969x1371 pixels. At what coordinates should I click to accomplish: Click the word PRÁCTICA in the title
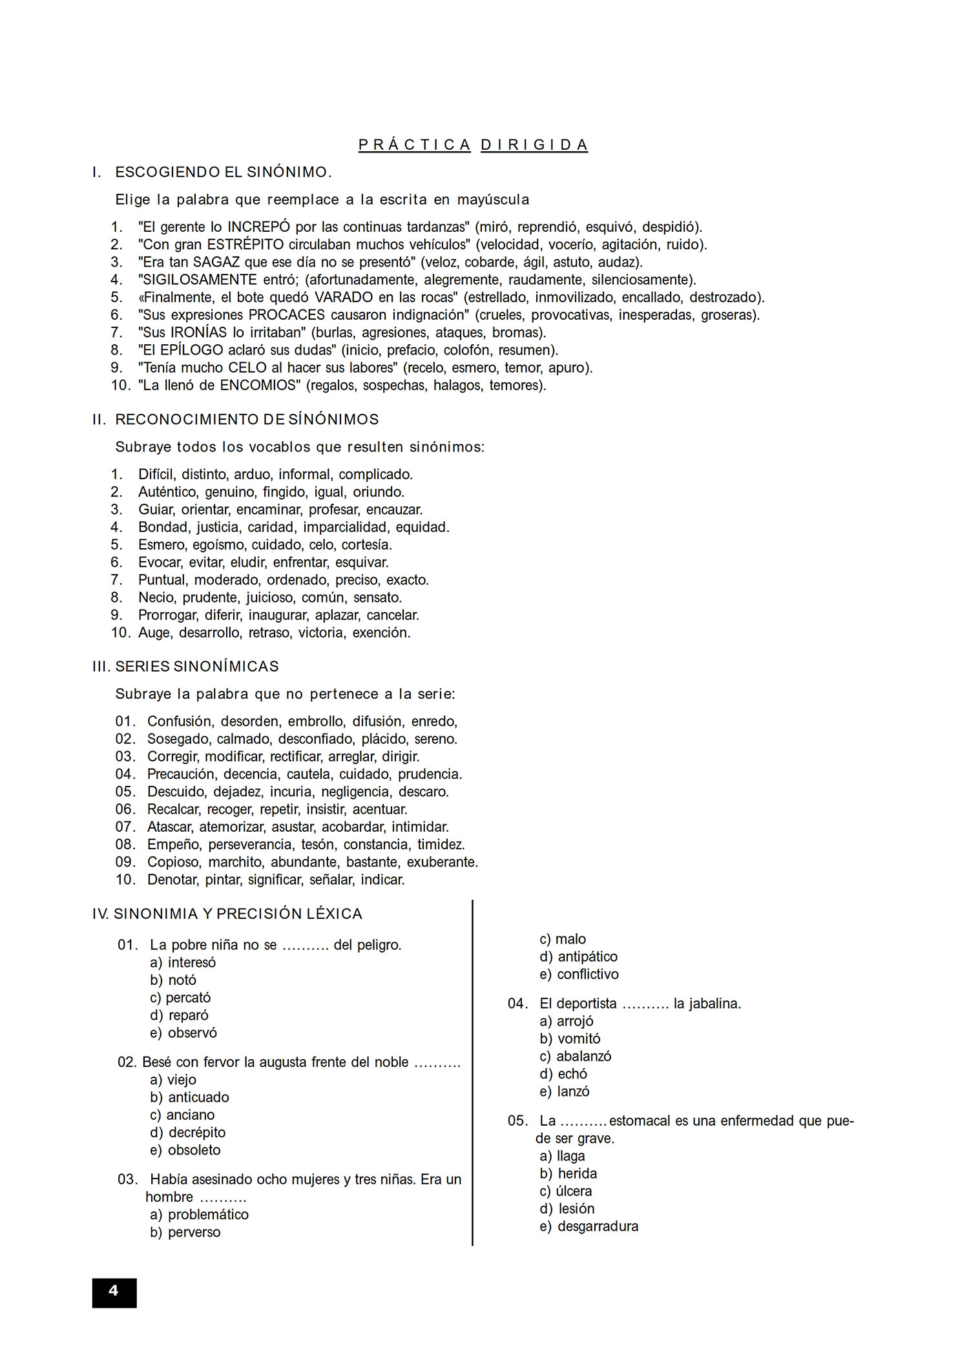pos(415,145)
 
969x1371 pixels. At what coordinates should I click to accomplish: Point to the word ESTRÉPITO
pos(245,245)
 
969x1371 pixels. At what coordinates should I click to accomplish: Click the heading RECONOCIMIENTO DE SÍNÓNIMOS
pos(247,420)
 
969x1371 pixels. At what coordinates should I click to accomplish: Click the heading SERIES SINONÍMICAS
pos(197,666)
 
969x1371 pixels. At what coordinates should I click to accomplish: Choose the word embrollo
pos(316,721)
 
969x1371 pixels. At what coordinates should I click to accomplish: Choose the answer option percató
pos(188,998)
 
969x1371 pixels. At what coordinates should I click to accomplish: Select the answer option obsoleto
pos(194,1150)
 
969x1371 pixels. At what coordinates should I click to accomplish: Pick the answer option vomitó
pos(579,1038)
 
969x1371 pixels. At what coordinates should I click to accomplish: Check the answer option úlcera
pos(574,1191)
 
